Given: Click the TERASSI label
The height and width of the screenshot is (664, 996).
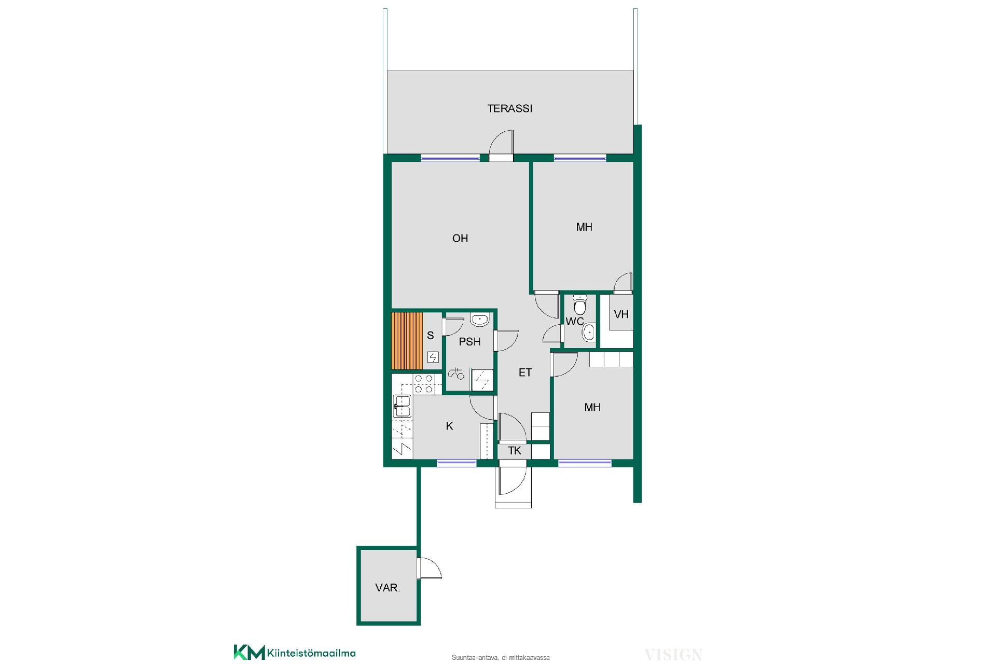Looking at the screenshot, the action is pos(509,108).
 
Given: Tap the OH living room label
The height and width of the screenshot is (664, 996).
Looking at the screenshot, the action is pos(460,238).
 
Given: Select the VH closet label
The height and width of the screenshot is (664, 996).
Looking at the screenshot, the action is pos(621,314).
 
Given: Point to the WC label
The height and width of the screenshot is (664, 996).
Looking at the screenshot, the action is pos(574,322).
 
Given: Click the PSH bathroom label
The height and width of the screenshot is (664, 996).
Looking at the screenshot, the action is pos(469,341).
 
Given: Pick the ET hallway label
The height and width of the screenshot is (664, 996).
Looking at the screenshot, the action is pos(525,372).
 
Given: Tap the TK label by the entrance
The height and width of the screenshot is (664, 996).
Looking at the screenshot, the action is pos(514,450).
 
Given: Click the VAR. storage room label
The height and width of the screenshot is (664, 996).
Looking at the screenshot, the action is pos(388,588).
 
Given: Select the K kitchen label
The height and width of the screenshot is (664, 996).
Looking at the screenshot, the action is pos(449,426).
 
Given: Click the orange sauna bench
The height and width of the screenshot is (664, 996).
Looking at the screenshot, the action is pos(407,341).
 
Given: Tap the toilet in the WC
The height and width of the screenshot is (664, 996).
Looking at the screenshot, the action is pos(580,304).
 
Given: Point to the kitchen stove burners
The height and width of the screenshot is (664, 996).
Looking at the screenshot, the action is pos(424,384).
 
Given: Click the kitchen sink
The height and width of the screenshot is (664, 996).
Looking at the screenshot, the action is pos(402,406).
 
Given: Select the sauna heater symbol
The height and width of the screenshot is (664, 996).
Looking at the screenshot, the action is pos(433,356).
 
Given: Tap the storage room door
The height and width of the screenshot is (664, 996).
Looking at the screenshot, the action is pos(429,569).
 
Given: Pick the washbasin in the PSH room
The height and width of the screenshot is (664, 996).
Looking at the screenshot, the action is pos(480,320).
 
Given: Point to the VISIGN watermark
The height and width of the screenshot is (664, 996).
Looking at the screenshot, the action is pos(673,655).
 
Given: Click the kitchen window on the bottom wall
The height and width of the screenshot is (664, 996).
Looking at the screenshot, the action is pos(457,463).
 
